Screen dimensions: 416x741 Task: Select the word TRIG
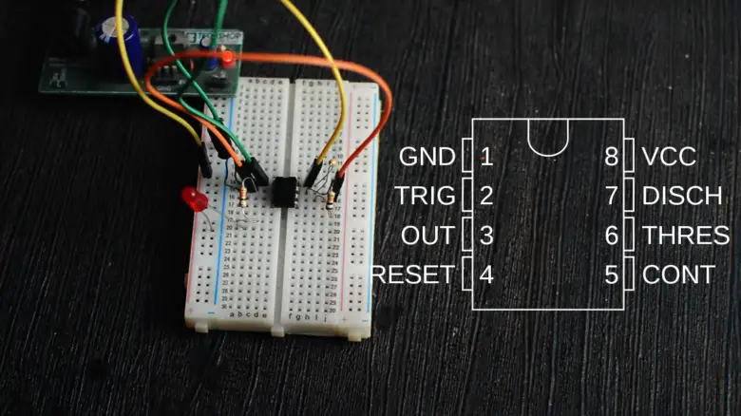[x=426, y=197]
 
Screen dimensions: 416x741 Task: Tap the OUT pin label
[x=428, y=236]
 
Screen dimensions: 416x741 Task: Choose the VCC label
[x=669, y=157]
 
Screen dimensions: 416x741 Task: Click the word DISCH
[x=681, y=197]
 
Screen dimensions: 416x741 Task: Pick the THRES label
[x=686, y=236]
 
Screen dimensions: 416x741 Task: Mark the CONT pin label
[x=678, y=275]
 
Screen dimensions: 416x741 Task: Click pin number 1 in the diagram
[x=486, y=157]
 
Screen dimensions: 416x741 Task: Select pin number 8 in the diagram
[x=612, y=157]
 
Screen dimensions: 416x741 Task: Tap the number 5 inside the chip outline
[x=612, y=275]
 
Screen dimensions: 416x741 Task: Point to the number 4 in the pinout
[x=486, y=275]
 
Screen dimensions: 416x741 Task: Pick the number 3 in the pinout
[x=486, y=236]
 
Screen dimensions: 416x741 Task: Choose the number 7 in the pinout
[x=612, y=197]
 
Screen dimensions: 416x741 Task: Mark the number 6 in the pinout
[x=612, y=236]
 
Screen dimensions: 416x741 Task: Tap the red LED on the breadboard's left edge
[x=194, y=199]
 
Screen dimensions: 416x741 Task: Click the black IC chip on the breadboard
[x=283, y=190]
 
